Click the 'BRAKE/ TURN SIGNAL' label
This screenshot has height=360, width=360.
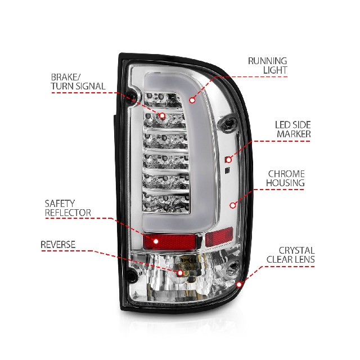[x=78, y=82]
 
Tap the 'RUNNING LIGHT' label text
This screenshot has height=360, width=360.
[x=268, y=65]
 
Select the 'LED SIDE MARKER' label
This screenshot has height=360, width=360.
[x=294, y=129]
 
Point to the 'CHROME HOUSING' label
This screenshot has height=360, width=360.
[x=285, y=178]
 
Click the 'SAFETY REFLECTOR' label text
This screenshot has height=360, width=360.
[x=68, y=208]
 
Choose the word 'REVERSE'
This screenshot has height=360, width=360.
[x=58, y=245]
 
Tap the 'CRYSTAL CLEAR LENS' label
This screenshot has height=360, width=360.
[x=290, y=255]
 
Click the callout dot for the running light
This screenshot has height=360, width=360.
[x=192, y=100]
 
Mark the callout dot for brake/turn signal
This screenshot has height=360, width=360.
[x=162, y=116]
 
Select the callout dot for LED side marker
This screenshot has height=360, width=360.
[x=229, y=160]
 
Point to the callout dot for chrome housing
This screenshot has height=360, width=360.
[x=233, y=205]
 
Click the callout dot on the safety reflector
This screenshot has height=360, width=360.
[x=156, y=241]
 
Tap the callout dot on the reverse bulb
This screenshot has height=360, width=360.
[x=181, y=273]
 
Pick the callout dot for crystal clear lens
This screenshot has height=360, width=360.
[x=239, y=285]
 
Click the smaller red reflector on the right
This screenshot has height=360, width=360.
[x=219, y=236]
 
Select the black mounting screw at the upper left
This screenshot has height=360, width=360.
[x=132, y=97]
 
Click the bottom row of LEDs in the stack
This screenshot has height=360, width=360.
[x=166, y=202]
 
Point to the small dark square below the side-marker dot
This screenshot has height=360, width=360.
[x=227, y=170]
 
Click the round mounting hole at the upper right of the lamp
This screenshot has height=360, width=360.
[x=228, y=124]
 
